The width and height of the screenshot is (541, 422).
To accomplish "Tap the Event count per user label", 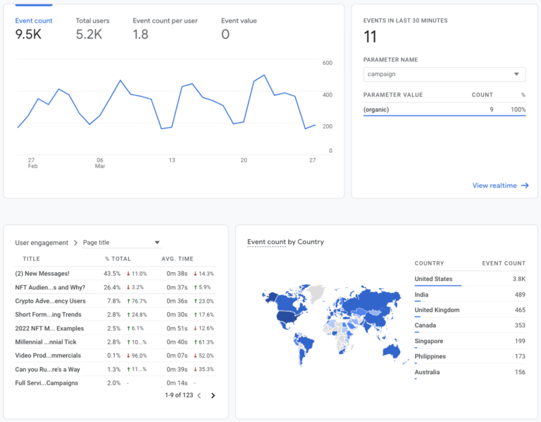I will coord(166,20).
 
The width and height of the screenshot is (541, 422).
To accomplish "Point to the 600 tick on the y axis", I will coord(327,63).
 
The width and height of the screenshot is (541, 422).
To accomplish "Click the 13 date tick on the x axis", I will coord(171,160).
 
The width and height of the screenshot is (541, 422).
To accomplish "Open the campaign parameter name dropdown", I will coord(444,74).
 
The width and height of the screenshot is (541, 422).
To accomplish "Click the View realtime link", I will coord(499,186).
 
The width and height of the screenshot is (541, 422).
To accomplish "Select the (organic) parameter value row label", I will coord(376,109).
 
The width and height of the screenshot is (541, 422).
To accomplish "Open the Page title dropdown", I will coord(121,243).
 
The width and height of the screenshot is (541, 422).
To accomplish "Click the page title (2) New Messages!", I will coord(42,273).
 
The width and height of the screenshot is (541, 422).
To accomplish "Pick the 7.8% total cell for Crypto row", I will coord(112,301).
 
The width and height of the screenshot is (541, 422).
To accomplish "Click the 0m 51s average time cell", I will coord(175,328).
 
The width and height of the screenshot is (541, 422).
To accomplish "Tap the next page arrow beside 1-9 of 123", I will coord(213,396).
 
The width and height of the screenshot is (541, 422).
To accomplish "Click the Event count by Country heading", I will coord(285,242).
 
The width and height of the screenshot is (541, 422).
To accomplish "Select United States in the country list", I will coord(433,279).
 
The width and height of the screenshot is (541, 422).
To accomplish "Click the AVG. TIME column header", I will coord(177,259).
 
